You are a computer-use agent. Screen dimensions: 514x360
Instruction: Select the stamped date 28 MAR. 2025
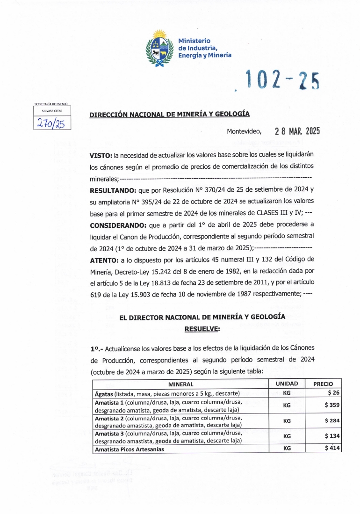297,131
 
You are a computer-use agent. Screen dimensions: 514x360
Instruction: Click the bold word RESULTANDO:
113,190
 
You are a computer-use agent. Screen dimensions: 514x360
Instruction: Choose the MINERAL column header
180,384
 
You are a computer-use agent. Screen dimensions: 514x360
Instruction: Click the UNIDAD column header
287,384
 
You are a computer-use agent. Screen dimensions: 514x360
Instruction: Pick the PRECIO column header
323,384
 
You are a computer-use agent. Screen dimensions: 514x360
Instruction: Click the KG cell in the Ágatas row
287,393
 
